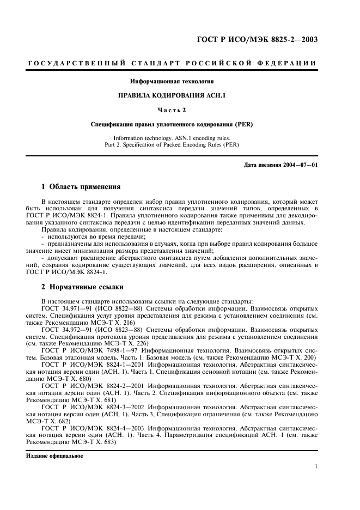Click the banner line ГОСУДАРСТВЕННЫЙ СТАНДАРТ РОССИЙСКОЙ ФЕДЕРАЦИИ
tap(172, 64)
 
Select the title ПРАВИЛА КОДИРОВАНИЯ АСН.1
tap(172, 95)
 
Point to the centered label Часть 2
tap(172, 110)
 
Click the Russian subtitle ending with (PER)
tap(172, 124)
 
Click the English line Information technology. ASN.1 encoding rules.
tap(172, 138)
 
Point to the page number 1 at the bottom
tap(316, 466)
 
